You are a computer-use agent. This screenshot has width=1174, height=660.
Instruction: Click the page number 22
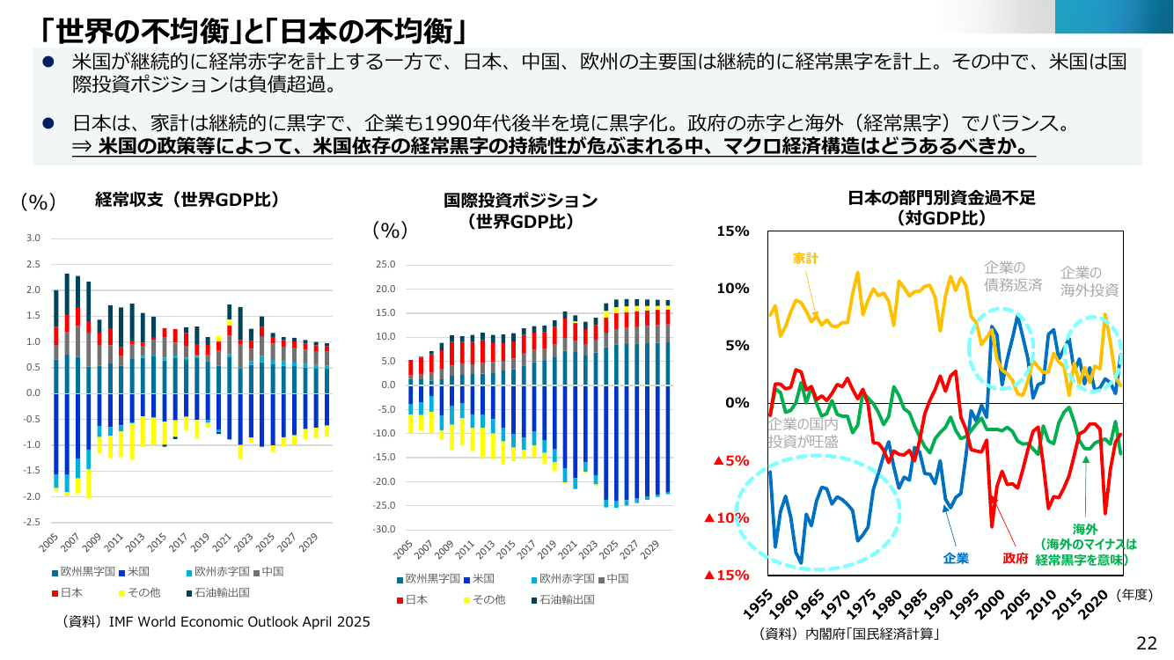1146,643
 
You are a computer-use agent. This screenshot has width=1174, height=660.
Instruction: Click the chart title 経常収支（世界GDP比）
187,200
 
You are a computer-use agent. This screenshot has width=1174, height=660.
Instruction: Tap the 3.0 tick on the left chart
33,238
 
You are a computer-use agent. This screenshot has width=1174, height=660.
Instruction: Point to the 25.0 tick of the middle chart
385,264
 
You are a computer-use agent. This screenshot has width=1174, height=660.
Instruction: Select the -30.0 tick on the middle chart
385,530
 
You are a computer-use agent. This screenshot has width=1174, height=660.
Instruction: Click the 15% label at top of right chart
733,231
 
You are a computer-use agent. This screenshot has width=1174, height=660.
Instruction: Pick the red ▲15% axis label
726,575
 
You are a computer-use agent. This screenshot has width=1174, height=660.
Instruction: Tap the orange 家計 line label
805,258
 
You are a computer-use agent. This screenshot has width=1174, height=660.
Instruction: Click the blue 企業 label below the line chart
956,558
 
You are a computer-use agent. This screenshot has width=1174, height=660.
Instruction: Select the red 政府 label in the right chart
1016,558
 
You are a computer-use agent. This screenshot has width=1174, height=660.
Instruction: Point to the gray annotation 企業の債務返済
1013,276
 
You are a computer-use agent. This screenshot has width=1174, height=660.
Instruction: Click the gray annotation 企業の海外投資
1090,281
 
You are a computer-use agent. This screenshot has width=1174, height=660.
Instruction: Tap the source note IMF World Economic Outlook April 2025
216,622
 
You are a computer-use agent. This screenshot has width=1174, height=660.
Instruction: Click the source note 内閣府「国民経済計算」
848,634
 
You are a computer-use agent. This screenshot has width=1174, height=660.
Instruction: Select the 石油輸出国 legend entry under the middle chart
563,599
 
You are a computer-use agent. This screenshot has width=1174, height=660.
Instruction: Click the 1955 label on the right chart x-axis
759,604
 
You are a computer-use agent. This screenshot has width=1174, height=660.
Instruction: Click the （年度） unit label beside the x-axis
1134,595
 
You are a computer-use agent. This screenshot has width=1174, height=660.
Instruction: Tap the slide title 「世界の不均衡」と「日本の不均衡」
253,31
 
